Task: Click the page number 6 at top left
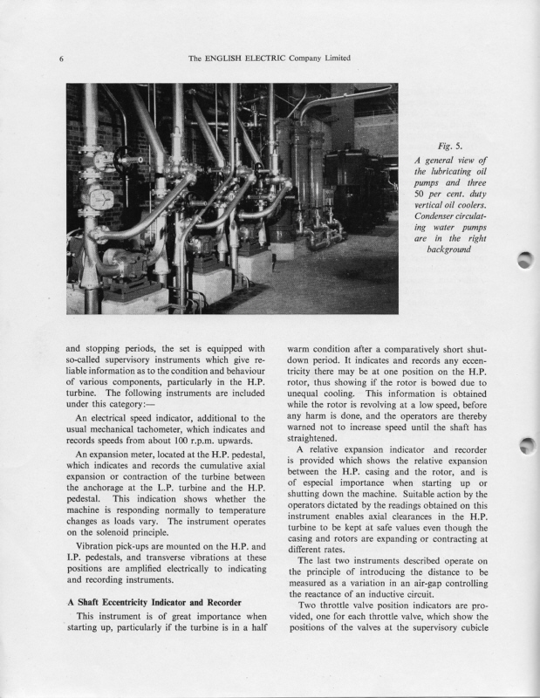point(62,59)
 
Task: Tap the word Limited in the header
point(333,58)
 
